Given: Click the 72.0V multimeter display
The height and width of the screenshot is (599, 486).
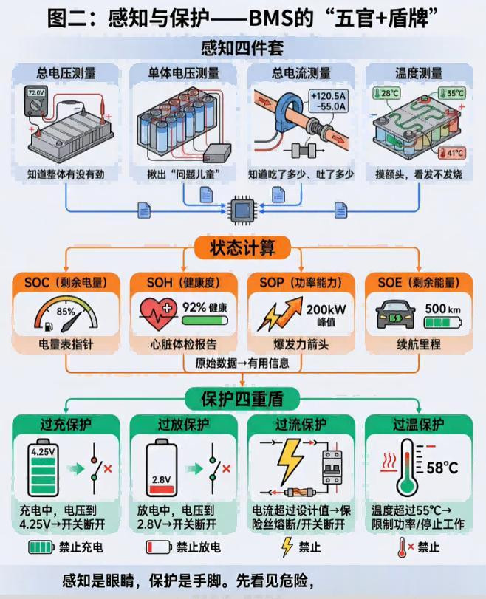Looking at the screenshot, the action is click(36, 93).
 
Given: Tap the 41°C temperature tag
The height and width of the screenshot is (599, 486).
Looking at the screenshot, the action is click(451, 153).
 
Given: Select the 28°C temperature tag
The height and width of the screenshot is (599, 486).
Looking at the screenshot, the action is click(386, 93).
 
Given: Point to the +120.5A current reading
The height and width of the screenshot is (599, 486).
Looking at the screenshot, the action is click(328, 96).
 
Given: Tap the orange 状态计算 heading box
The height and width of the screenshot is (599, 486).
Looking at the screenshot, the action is click(242, 248).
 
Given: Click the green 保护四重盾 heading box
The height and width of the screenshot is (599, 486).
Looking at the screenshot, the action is click(242, 399).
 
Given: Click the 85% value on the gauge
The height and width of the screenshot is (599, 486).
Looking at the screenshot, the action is click(66, 312).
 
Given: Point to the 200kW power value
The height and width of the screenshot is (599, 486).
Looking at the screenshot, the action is click(326, 309).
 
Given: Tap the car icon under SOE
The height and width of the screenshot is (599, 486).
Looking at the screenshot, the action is click(396, 315).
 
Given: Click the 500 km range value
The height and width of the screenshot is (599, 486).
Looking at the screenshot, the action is click(443, 309).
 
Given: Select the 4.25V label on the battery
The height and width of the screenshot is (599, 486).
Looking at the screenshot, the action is click(43, 452).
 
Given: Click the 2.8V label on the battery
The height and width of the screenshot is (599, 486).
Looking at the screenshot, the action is click(161, 479).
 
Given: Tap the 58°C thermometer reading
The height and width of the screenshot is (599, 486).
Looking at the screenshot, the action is click(442, 468).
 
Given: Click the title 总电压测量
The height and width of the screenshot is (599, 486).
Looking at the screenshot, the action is click(66, 73).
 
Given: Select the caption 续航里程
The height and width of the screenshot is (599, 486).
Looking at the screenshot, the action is click(419, 344).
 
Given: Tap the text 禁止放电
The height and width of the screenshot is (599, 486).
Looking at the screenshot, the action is click(198, 547).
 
